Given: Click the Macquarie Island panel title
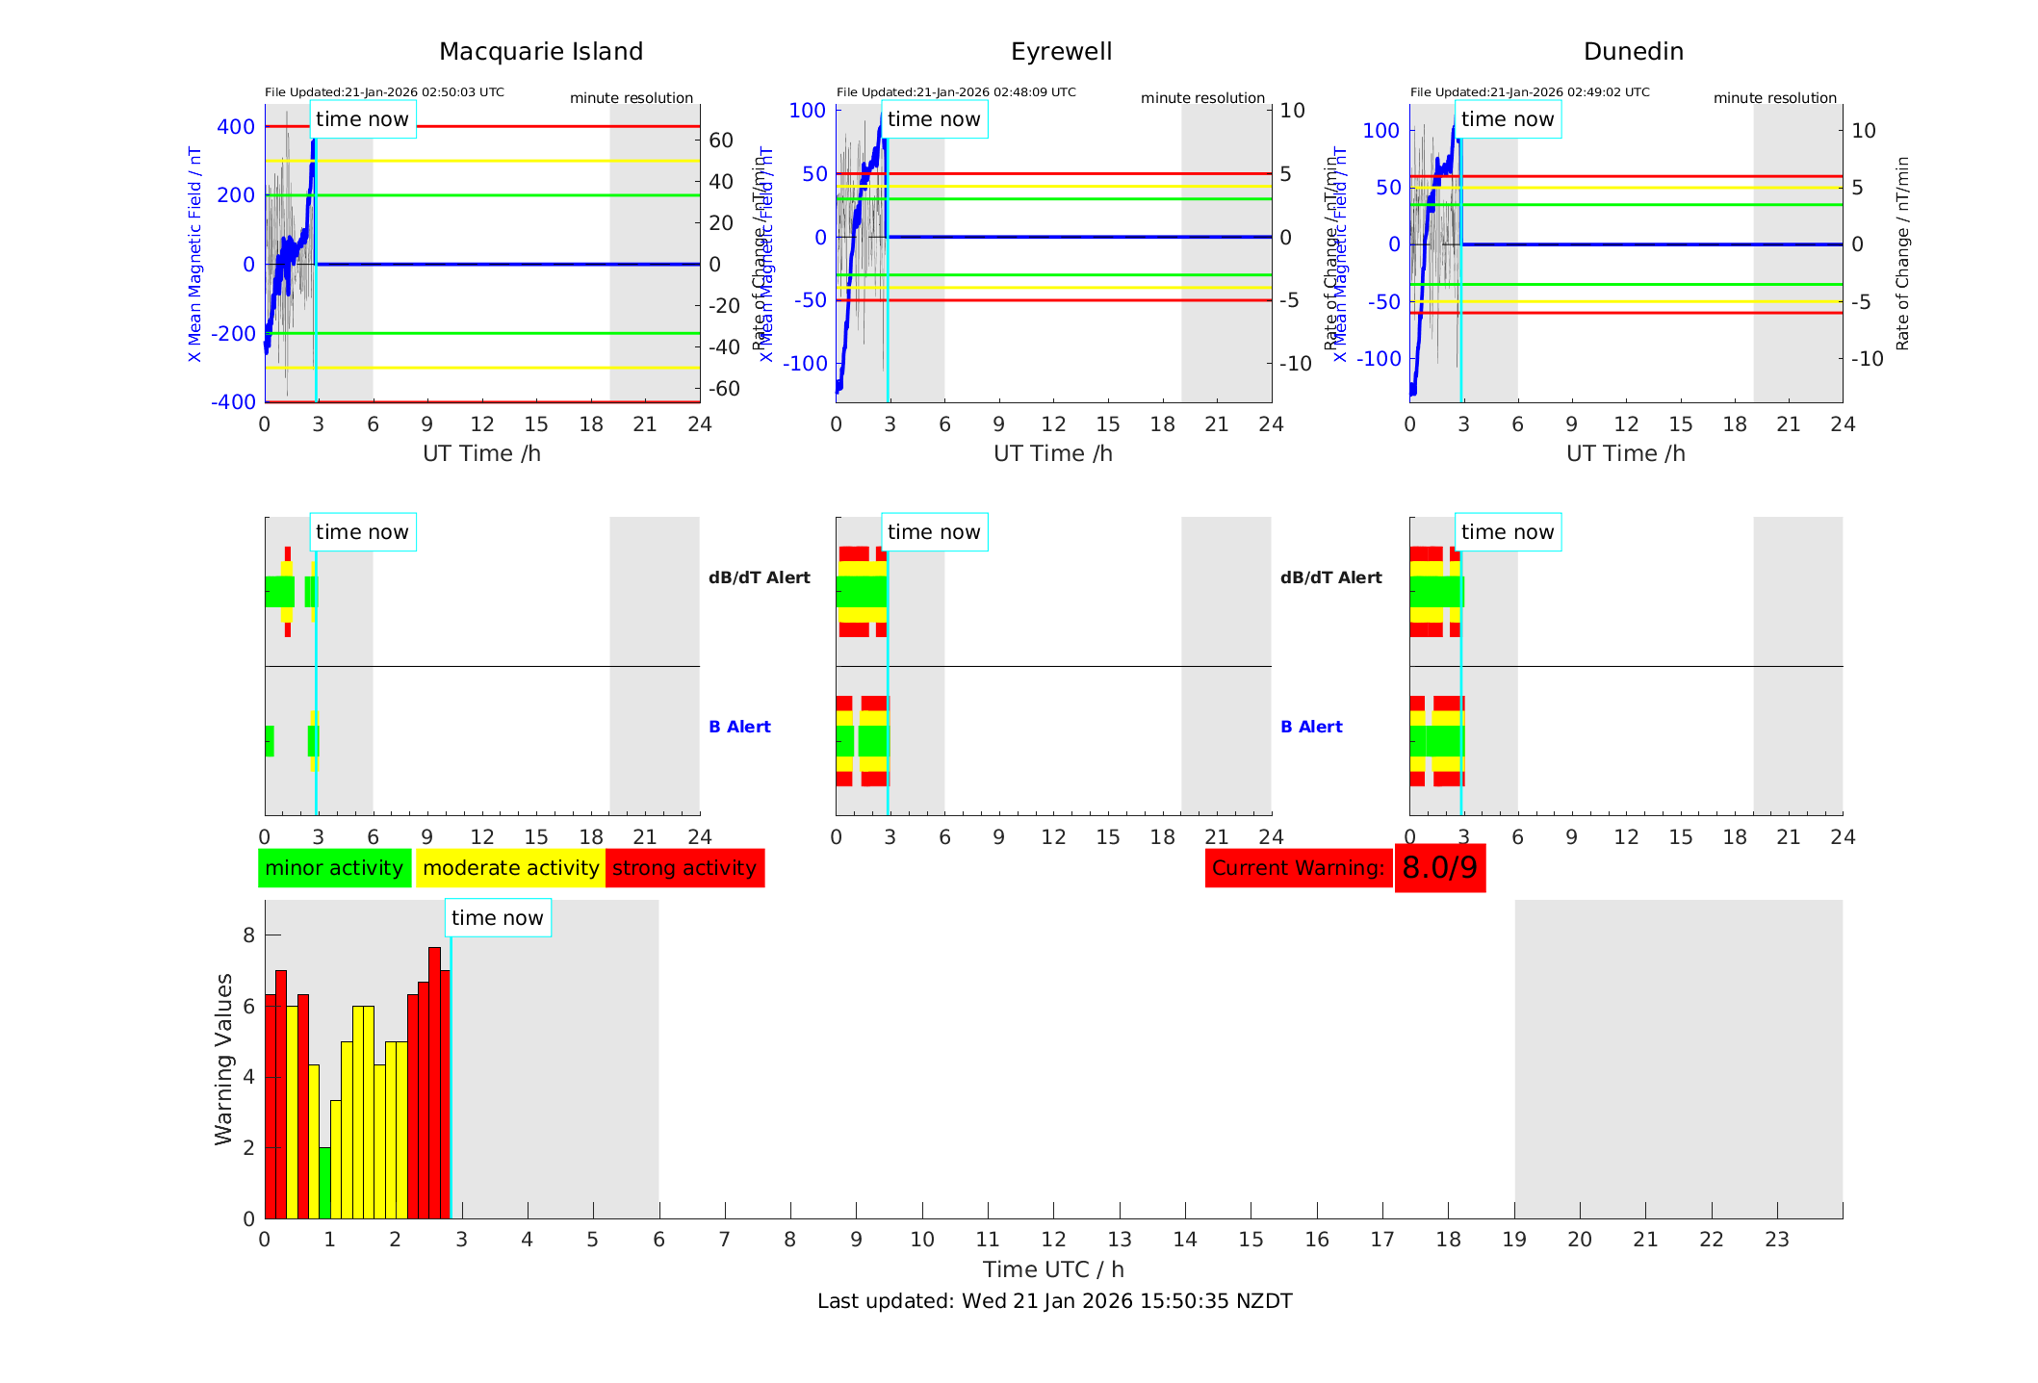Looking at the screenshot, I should [541, 52].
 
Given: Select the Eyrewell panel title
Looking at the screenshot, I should [1061, 52].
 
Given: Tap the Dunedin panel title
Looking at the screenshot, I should [1633, 52].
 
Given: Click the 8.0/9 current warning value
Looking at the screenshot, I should [1439, 868].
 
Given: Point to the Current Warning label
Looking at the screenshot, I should [1298, 868].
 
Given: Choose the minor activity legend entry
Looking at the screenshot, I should [334, 868].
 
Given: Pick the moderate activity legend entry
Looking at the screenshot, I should [510, 868].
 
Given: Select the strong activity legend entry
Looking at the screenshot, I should [684, 868].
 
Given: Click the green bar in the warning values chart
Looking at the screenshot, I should [325, 1183].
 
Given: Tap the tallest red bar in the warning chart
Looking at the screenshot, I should [434, 1083].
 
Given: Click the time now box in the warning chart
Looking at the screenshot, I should [497, 918].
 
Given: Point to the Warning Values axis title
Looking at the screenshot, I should [224, 1059].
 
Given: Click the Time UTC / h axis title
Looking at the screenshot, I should [1053, 1269].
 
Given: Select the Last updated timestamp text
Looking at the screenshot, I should [1054, 1301].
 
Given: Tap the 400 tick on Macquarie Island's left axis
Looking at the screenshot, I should [236, 127].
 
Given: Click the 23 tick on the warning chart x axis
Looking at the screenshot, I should [1776, 1240].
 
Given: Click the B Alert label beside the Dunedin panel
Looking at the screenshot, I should [1311, 727].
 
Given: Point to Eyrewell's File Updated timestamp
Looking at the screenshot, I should [956, 92].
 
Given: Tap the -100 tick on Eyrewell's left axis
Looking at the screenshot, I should [805, 364].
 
